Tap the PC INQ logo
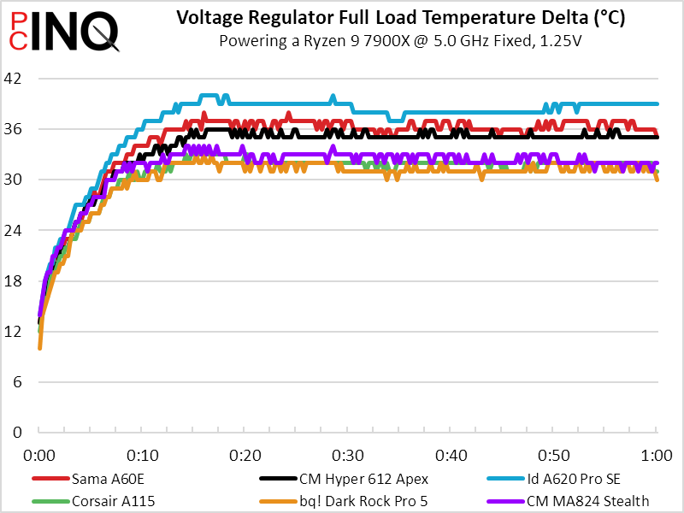pyautogui.click(x=62, y=30)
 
